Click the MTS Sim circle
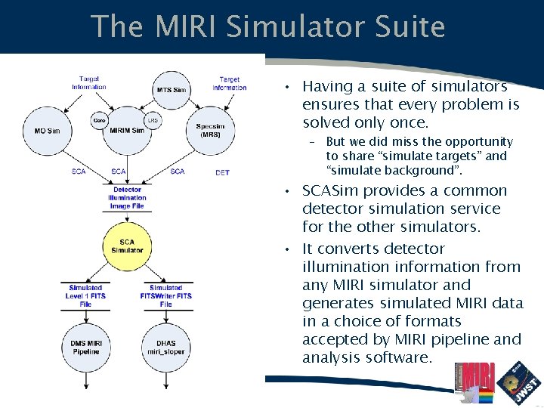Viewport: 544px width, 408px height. click(171, 91)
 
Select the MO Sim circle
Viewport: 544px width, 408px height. click(47, 130)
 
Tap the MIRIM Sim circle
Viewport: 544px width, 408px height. click(127, 128)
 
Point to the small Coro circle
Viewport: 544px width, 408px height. click(99, 120)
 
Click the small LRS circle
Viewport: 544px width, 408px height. click(153, 120)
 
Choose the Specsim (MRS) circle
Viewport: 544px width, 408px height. click(209, 130)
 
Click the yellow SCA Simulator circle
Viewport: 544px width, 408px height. click(127, 246)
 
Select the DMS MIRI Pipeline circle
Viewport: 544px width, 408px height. click(85, 348)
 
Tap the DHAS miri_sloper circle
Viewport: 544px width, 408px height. click(165, 348)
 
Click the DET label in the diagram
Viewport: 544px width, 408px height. click(222, 173)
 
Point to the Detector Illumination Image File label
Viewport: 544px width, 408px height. click(127, 198)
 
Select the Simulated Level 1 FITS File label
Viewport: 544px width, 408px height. click(85, 296)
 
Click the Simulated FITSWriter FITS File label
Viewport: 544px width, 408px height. click(165, 296)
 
